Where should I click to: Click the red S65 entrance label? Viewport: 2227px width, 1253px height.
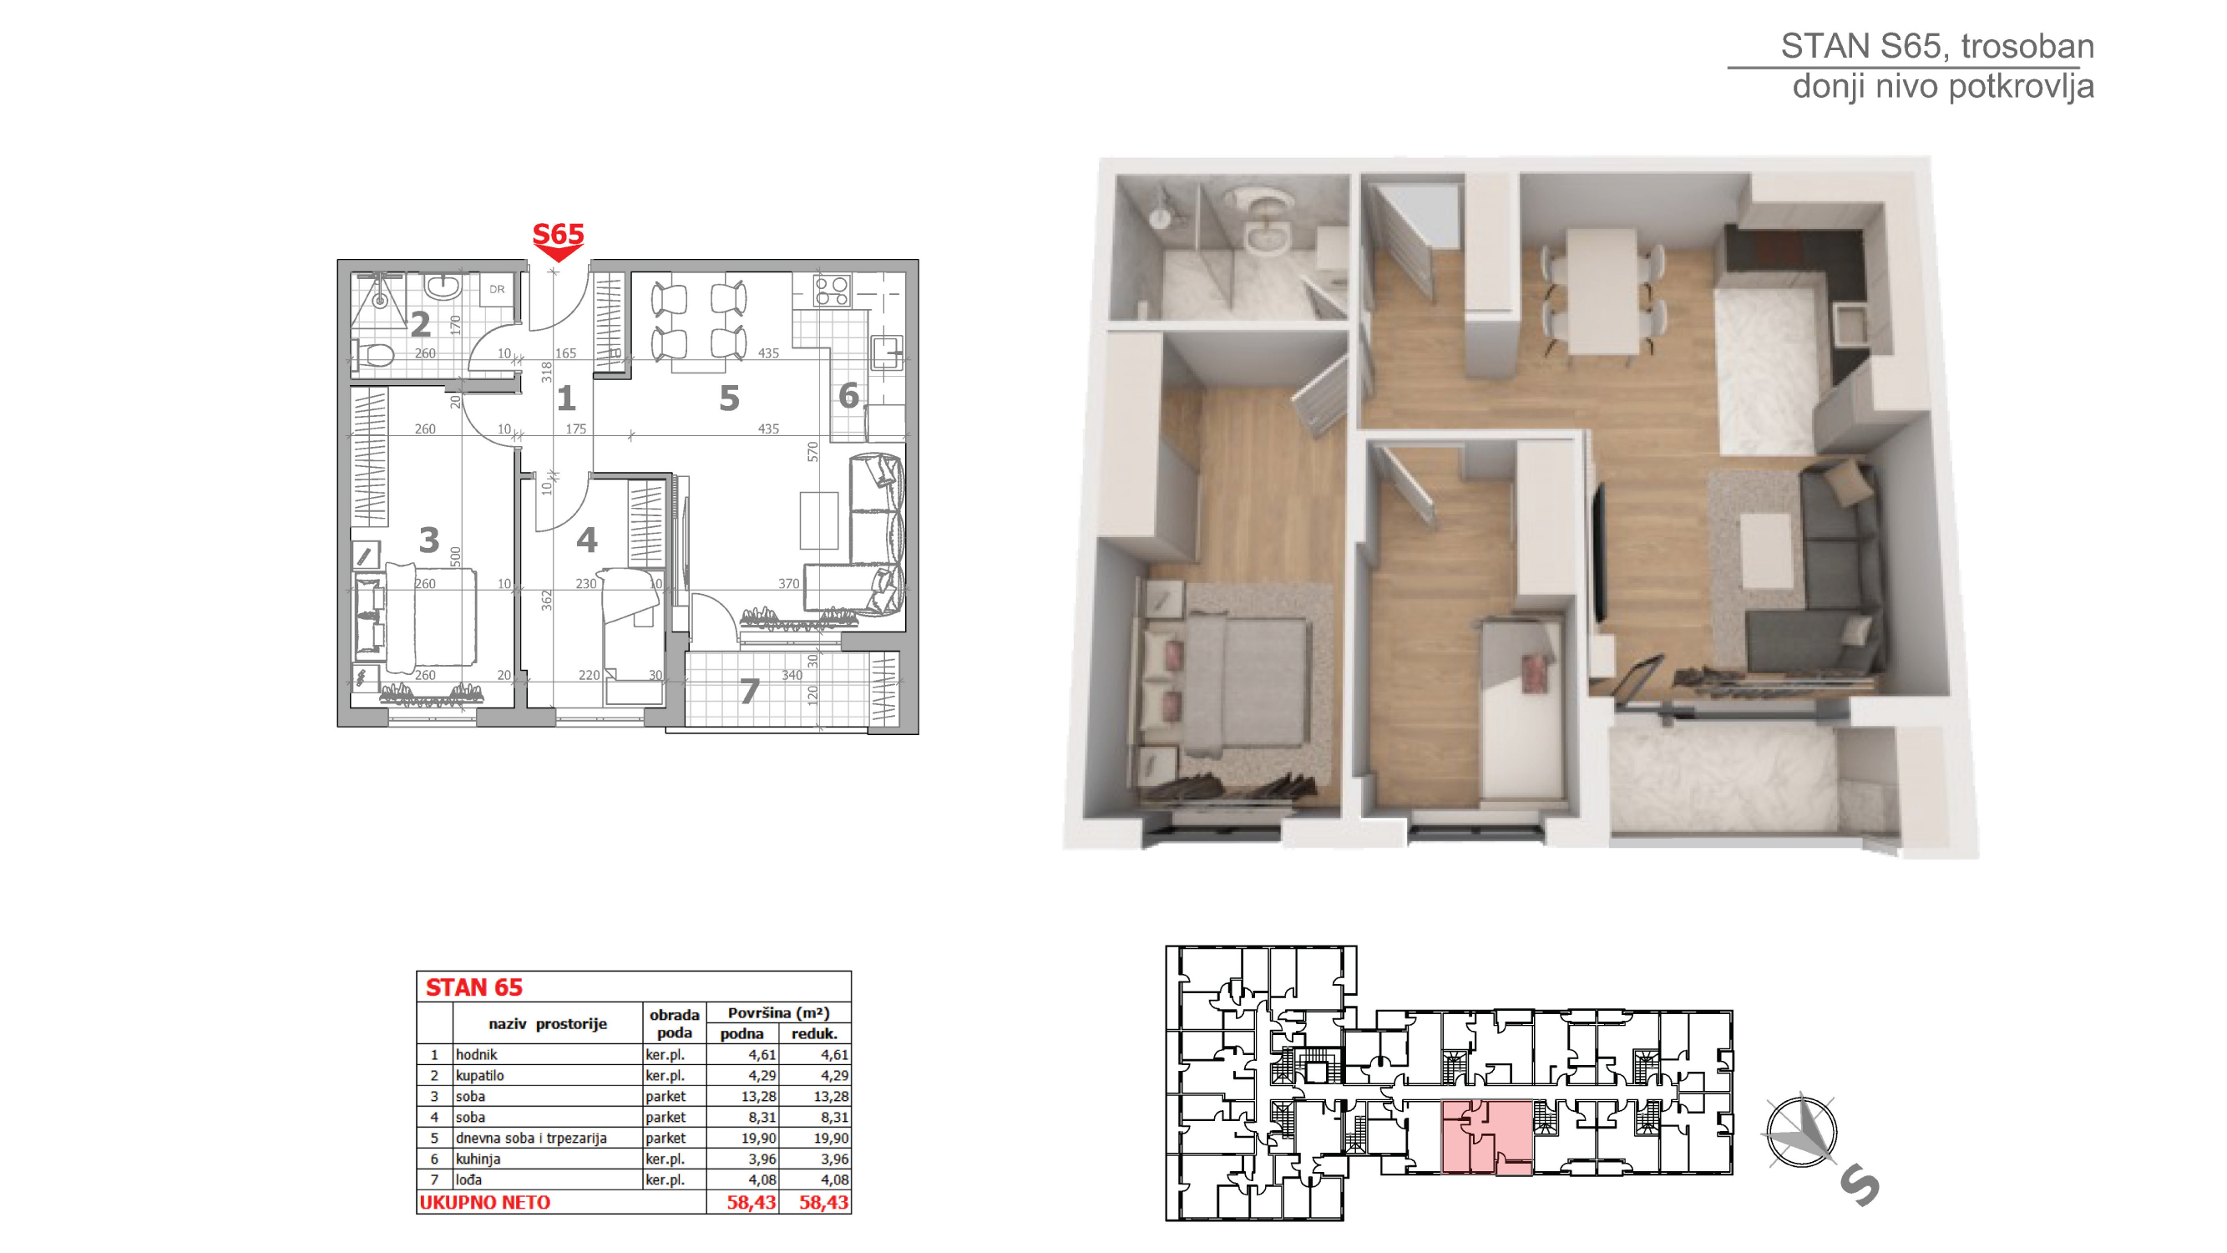pos(558,234)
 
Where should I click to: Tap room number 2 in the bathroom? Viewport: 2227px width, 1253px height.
pos(420,324)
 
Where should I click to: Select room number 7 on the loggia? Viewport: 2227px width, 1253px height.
pos(750,691)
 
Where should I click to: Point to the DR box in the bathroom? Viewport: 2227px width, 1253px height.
pos(497,290)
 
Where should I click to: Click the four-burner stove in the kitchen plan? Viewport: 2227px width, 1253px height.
pos(832,291)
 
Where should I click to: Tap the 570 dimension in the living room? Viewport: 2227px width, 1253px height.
pos(812,451)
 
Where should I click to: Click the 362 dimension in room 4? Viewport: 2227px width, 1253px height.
pos(546,600)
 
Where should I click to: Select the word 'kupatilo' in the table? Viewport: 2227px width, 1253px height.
pos(480,1075)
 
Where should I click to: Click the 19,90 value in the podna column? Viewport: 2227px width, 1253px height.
pos(758,1138)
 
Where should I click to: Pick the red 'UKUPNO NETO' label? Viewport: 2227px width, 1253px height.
pos(484,1202)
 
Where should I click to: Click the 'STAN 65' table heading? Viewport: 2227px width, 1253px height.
pos(473,987)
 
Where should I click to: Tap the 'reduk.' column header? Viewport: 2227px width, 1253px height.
pos(814,1033)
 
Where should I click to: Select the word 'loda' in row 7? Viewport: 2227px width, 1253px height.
pos(468,1179)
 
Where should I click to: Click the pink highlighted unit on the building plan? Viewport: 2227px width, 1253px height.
pos(1487,1137)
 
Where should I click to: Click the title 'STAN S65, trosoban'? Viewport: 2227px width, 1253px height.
pos(1936,46)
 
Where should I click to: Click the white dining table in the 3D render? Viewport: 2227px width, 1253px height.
pos(1602,292)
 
